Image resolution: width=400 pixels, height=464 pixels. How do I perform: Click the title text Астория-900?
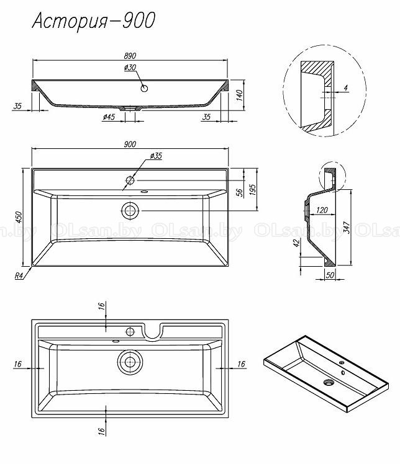[x=94, y=21]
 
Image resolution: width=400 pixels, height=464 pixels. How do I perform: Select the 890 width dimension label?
[x=130, y=56]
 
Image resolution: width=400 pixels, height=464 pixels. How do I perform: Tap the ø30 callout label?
[x=130, y=68]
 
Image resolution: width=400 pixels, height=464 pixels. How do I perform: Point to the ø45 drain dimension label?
[x=109, y=117]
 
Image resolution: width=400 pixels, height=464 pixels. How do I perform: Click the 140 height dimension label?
[x=240, y=95]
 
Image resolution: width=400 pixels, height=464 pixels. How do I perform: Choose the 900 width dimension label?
[x=130, y=144]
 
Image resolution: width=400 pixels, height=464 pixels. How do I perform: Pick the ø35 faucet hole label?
[x=156, y=156]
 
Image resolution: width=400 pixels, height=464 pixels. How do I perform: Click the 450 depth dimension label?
[x=19, y=217]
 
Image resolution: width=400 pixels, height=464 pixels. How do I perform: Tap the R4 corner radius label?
[x=19, y=276]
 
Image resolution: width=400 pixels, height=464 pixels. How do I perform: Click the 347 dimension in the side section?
[x=347, y=227]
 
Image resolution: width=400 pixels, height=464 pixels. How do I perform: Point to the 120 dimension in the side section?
[x=322, y=210]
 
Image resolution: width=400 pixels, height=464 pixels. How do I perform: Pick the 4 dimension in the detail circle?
[x=345, y=87]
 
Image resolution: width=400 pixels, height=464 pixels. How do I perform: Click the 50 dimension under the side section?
[x=330, y=275]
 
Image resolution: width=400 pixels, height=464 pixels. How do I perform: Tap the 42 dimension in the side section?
[x=296, y=243]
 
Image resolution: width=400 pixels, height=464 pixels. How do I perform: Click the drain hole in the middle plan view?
[x=130, y=211]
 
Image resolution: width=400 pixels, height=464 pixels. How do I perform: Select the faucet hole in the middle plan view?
[x=130, y=180]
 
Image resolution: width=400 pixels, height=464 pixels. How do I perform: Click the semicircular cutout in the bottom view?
[x=153, y=331]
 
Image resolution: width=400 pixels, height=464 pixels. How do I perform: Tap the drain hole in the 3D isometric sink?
[x=329, y=383]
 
